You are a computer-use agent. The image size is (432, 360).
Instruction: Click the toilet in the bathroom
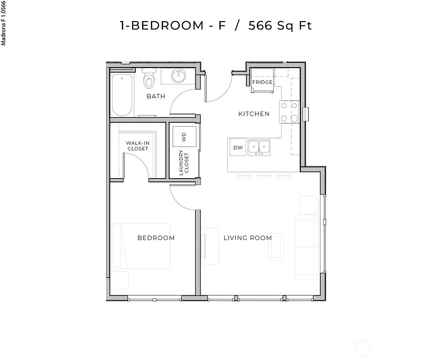pos(149,80)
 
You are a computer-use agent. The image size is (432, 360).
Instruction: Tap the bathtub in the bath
pos(122,95)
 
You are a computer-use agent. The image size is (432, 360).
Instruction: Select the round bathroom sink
pos(179,75)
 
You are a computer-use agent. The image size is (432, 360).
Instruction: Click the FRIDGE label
pos(262,82)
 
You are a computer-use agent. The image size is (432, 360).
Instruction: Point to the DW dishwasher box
pos(238,148)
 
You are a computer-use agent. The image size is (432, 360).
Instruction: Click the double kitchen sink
pos(259,147)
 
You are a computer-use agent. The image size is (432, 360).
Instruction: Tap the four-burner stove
pos(289,112)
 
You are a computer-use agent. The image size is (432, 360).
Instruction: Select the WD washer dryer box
pos(184,137)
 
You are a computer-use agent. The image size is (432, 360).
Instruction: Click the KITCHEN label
pos(253,114)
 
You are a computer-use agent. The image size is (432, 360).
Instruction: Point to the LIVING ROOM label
pos(247,238)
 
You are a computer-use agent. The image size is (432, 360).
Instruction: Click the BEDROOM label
pos(156,238)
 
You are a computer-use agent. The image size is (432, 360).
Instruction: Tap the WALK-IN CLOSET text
pos(137,146)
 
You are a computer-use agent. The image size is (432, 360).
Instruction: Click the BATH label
pos(156,97)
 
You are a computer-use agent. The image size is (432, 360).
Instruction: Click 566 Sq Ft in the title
pos(280,25)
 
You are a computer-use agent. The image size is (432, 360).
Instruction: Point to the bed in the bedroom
pos(141,247)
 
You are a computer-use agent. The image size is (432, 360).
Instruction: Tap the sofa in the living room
pos(305,246)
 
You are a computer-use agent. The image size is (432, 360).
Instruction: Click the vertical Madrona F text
pos(4,23)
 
